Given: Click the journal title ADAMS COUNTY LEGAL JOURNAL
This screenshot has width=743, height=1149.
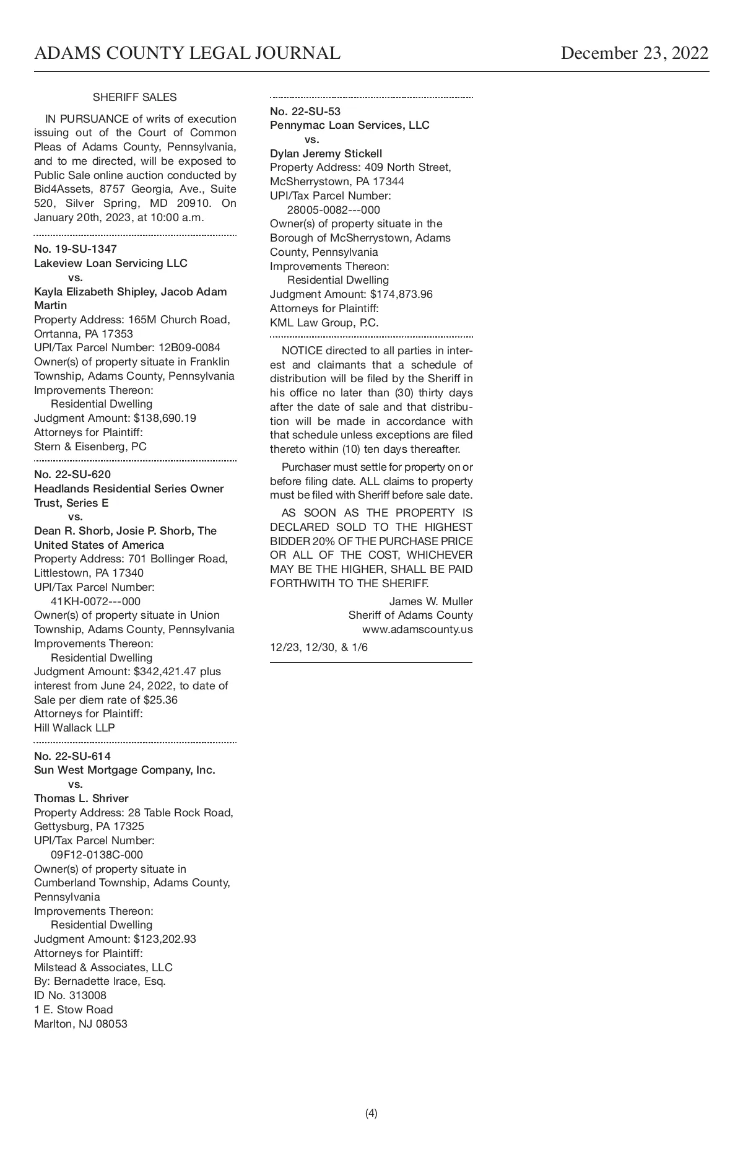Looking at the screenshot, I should click(x=187, y=53).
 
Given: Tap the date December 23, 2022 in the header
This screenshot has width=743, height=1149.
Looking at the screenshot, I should click(x=634, y=53).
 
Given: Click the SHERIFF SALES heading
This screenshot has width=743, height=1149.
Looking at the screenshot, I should click(x=134, y=97).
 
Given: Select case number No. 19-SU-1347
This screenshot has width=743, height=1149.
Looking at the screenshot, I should click(x=76, y=249).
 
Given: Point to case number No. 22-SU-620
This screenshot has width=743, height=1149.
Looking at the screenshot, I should click(x=72, y=474).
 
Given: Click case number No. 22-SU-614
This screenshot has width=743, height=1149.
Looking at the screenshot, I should click(x=72, y=756).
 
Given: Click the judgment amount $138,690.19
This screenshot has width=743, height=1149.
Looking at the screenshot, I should click(x=165, y=418).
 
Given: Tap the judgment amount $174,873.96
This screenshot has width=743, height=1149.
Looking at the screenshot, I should click(x=401, y=294).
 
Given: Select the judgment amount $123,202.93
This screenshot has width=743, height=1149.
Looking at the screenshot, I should click(x=165, y=939).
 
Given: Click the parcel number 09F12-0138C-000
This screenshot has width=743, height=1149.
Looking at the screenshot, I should click(x=97, y=855).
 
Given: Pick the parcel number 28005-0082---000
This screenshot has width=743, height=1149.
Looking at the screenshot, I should click(x=333, y=210).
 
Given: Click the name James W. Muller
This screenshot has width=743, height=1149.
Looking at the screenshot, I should click(x=431, y=601).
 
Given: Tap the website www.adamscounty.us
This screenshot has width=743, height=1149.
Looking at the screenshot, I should click(x=417, y=629).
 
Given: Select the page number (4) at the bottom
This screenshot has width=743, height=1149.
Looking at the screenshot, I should click(x=371, y=1113).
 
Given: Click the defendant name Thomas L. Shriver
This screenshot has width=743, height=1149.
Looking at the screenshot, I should click(x=81, y=798).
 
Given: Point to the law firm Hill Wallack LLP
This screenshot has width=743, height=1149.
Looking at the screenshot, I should click(x=74, y=728).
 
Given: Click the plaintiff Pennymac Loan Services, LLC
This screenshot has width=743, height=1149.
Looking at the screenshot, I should click(x=349, y=125).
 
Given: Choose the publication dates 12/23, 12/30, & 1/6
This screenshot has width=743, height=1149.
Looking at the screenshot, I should click(x=319, y=647).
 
